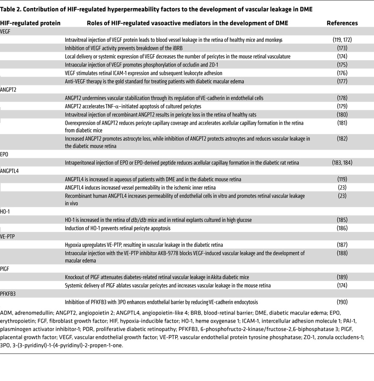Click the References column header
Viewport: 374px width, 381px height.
(x=342, y=23)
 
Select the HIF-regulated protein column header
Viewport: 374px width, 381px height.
(x=30, y=23)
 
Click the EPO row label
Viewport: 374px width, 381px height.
(x=5, y=154)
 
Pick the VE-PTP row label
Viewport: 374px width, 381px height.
(x=8, y=236)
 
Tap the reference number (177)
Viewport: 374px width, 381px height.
(x=342, y=81)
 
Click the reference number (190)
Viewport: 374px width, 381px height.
(x=342, y=302)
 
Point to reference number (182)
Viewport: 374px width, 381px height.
(x=342, y=138)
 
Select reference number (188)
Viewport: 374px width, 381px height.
(x=342, y=253)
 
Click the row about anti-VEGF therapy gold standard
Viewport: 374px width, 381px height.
(x=154, y=81)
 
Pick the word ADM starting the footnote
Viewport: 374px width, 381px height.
(x=6, y=313)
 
